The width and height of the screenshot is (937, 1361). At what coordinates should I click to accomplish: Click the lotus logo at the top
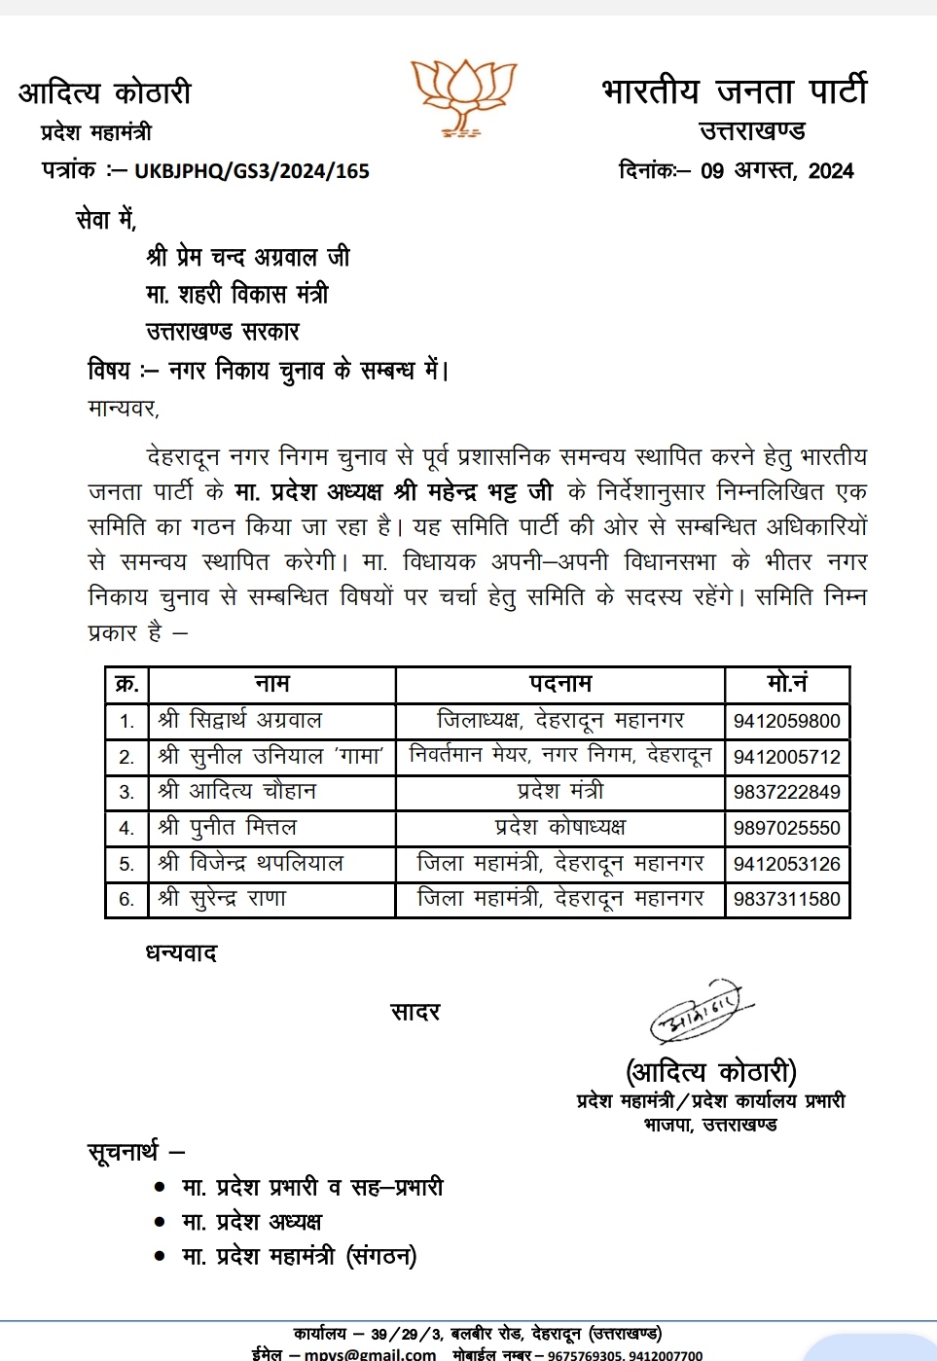tap(463, 96)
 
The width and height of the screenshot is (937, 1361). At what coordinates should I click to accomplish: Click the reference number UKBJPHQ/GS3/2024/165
tap(252, 171)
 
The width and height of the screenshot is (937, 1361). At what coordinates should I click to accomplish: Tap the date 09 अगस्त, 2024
tap(776, 171)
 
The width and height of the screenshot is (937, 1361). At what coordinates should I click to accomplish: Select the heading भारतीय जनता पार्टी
tap(734, 91)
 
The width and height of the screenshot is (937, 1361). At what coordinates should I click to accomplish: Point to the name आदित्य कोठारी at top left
tap(105, 93)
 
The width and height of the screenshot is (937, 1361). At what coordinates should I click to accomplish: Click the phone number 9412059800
tap(786, 721)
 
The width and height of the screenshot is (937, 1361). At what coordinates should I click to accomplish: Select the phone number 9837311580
tap(786, 899)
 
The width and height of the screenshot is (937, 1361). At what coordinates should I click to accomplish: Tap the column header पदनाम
tap(559, 684)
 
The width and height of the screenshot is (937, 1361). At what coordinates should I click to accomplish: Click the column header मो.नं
tap(786, 684)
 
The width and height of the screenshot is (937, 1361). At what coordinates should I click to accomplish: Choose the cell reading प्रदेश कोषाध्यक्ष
tap(559, 828)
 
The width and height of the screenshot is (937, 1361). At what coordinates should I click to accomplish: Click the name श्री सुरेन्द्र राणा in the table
tap(222, 899)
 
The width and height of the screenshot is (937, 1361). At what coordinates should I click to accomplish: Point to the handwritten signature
tap(699, 1013)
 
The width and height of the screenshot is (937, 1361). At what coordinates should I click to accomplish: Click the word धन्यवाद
tap(181, 953)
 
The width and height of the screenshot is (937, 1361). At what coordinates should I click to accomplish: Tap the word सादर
tap(415, 1013)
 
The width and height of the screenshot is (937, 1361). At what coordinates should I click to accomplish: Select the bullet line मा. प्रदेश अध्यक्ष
tap(251, 1222)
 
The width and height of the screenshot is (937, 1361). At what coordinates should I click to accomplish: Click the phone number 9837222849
tap(786, 792)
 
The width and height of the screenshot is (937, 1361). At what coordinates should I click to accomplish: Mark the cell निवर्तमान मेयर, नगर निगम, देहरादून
tap(559, 756)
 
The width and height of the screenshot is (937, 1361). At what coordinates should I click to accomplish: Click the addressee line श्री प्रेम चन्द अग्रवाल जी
tap(248, 257)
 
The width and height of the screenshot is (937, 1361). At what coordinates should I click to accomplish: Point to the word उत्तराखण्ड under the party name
tap(752, 131)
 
